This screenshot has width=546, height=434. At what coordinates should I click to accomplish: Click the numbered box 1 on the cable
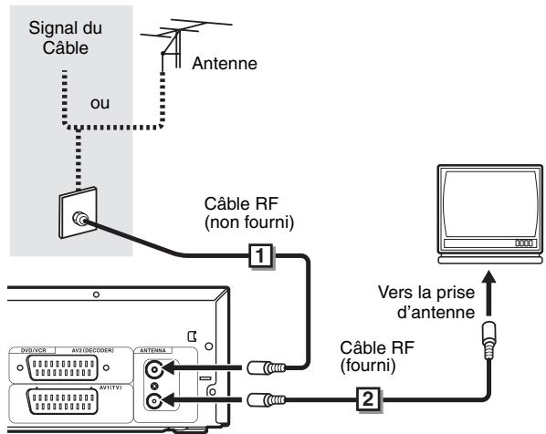pos(261,256)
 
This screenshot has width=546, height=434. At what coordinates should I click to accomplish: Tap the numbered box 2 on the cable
pos(368,399)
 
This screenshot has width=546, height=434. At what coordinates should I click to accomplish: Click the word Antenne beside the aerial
pos(225,63)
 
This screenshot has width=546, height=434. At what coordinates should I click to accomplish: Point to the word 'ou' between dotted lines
pos(100,103)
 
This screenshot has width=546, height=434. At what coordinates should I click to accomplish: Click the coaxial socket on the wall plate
pos(79,219)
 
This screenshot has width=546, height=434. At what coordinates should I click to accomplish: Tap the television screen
pos(490,204)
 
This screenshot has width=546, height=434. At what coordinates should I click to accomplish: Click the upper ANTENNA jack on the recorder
pos(154,369)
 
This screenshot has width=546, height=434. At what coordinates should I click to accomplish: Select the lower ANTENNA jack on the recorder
pos(153,401)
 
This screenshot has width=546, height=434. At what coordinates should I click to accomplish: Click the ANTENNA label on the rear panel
pos(152,350)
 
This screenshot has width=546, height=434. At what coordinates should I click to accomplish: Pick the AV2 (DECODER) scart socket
pos(62,368)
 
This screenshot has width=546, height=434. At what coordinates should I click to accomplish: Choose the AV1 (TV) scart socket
pos(62,402)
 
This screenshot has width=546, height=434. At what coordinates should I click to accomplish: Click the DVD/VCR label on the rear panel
pos(34,350)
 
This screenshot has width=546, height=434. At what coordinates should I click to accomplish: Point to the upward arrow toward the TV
pos(489,293)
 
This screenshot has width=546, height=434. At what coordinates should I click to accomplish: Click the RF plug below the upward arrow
pos(489,340)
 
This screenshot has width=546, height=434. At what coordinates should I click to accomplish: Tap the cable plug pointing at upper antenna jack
pos(266,367)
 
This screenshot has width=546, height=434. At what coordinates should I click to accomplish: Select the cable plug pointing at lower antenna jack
pos(266,399)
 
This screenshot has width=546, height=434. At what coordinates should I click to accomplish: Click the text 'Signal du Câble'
pos(66,38)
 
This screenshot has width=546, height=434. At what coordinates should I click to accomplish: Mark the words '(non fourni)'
pos(249,222)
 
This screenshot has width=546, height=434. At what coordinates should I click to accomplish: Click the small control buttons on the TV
pos(524,243)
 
